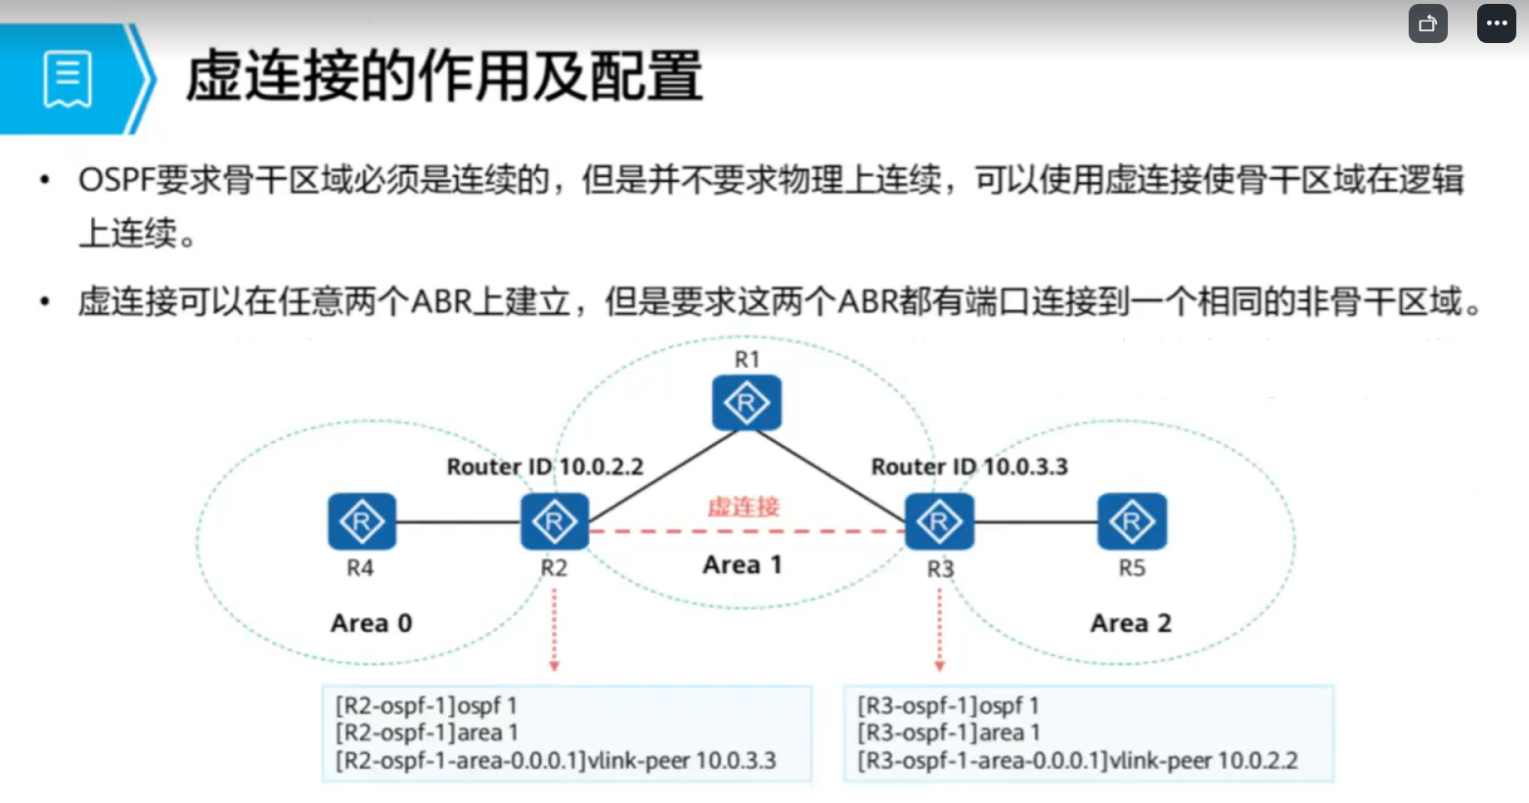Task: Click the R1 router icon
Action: [x=746, y=402]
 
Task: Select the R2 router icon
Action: [x=554, y=521]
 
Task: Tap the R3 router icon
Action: [x=939, y=521]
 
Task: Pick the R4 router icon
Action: [x=362, y=521]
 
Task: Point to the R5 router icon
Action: [x=1132, y=521]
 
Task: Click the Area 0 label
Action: [x=371, y=623]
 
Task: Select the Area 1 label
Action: [x=742, y=564]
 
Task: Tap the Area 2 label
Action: [x=1130, y=623]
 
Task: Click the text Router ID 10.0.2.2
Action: [x=545, y=467]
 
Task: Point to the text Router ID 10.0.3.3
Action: [x=969, y=467]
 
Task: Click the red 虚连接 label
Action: [x=743, y=507]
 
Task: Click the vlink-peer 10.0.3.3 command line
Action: [x=556, y=760]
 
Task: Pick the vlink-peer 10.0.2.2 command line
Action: [x=1077, y=760]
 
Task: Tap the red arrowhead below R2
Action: [x=554, y=666]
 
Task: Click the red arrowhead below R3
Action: [x=939, y=666]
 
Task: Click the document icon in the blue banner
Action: [x=67, y=79]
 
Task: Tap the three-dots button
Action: [x=1496, y=23]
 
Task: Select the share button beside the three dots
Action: [x=1427, y=23]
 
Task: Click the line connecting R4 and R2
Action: [x=458, y=521]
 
